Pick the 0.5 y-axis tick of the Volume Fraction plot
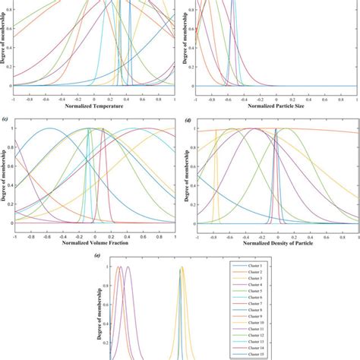8,175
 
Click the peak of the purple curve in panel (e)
128,267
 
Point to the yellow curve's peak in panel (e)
182,267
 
